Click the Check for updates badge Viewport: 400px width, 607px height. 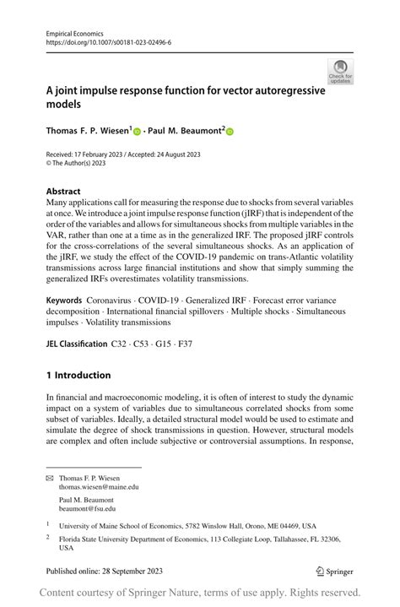(340, 72)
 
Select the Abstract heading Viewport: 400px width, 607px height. (63, 192)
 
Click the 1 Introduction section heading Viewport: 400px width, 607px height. (78, 375)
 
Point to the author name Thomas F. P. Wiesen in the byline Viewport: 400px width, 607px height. (88, 132)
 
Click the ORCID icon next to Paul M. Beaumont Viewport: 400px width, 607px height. (229, 132)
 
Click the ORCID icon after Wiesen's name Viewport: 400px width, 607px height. (137, 132)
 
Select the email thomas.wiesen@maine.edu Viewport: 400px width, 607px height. (99, 487)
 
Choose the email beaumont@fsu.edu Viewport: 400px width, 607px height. (87, 508)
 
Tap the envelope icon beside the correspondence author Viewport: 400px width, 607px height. (49, 478)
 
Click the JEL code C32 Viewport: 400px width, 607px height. (122, 344)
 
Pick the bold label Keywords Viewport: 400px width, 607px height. (64, 300)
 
